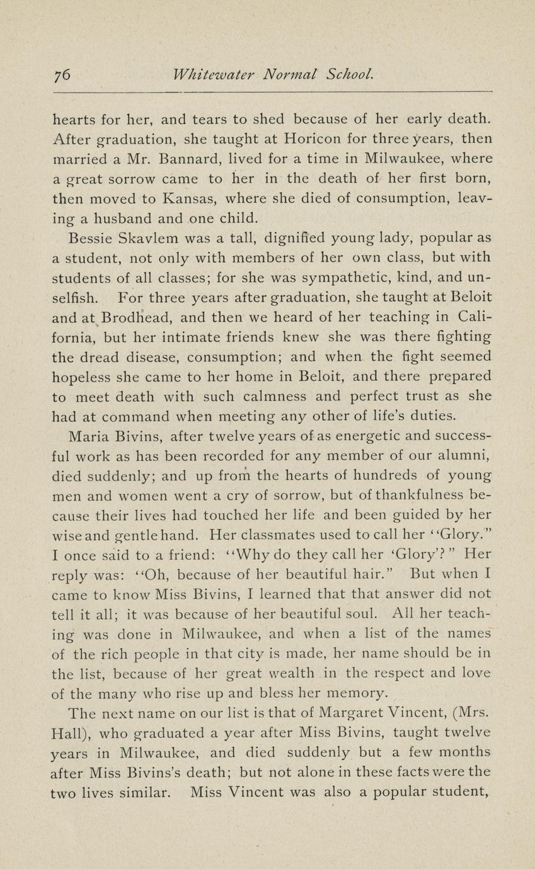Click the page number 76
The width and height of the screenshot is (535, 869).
[62, 74]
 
